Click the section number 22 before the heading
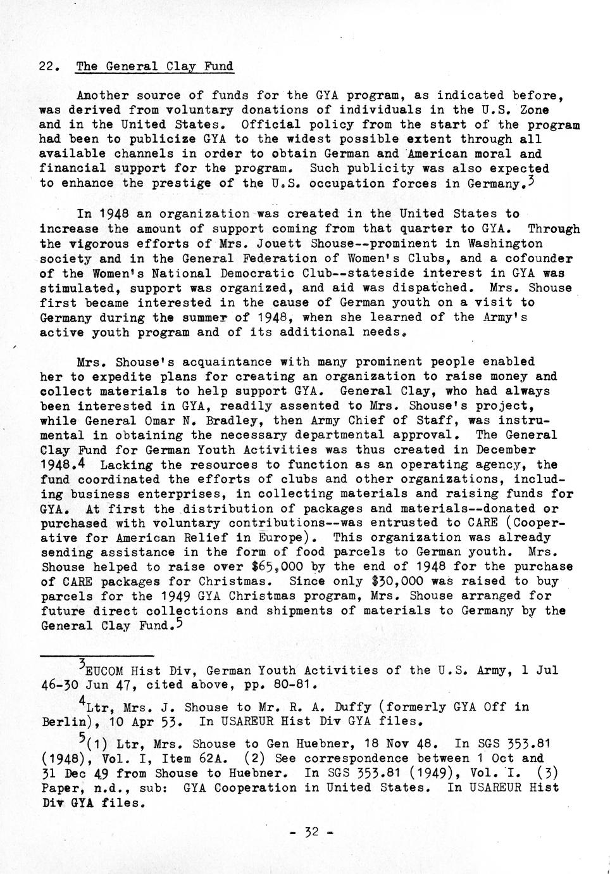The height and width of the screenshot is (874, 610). tap(49, 66)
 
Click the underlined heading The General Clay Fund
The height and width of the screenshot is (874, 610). tap(154, 66)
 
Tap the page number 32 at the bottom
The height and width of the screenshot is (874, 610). tap(311, 832)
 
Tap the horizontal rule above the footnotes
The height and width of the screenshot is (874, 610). tap(97, 655)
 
